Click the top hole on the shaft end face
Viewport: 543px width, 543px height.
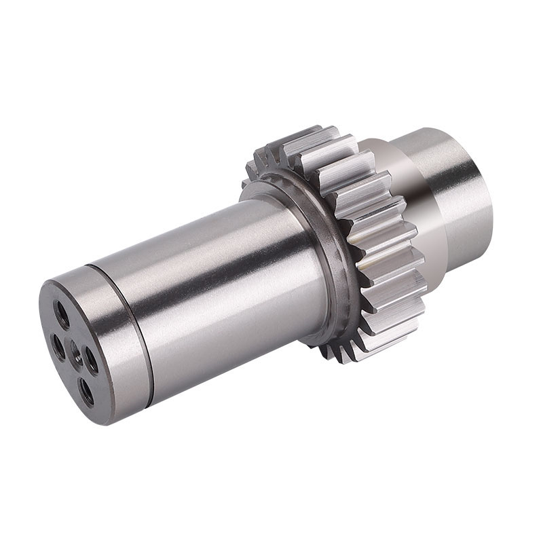(x=62, y=314)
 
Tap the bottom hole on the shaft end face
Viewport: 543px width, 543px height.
(x=86, y=392)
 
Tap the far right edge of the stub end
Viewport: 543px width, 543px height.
(x=491, y=197)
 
